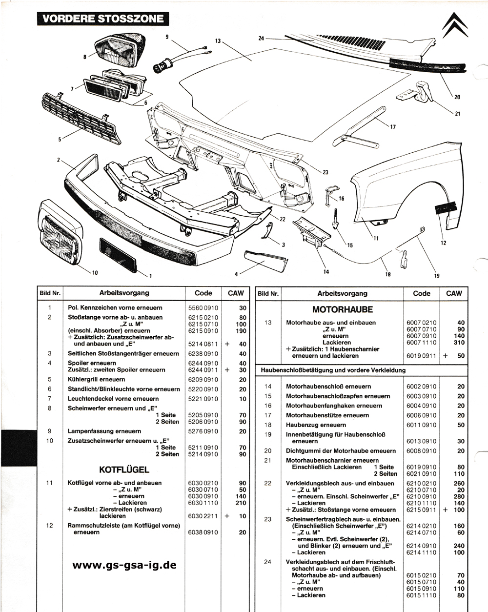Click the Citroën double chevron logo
(455, 25)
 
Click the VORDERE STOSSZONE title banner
(103, 19)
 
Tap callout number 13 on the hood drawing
(218, 41)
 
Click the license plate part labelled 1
(118, 255)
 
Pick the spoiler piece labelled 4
(266, 261)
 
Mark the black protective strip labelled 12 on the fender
(446, 207)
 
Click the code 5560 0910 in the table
(203, 308)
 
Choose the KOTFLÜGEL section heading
(124, 469)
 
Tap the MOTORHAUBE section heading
(343, 309)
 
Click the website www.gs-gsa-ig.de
(124, 565)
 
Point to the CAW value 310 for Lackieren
(459, 343)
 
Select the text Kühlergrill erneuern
(96, 379)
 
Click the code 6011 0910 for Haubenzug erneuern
(421, 425)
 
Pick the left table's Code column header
(203, 293)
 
